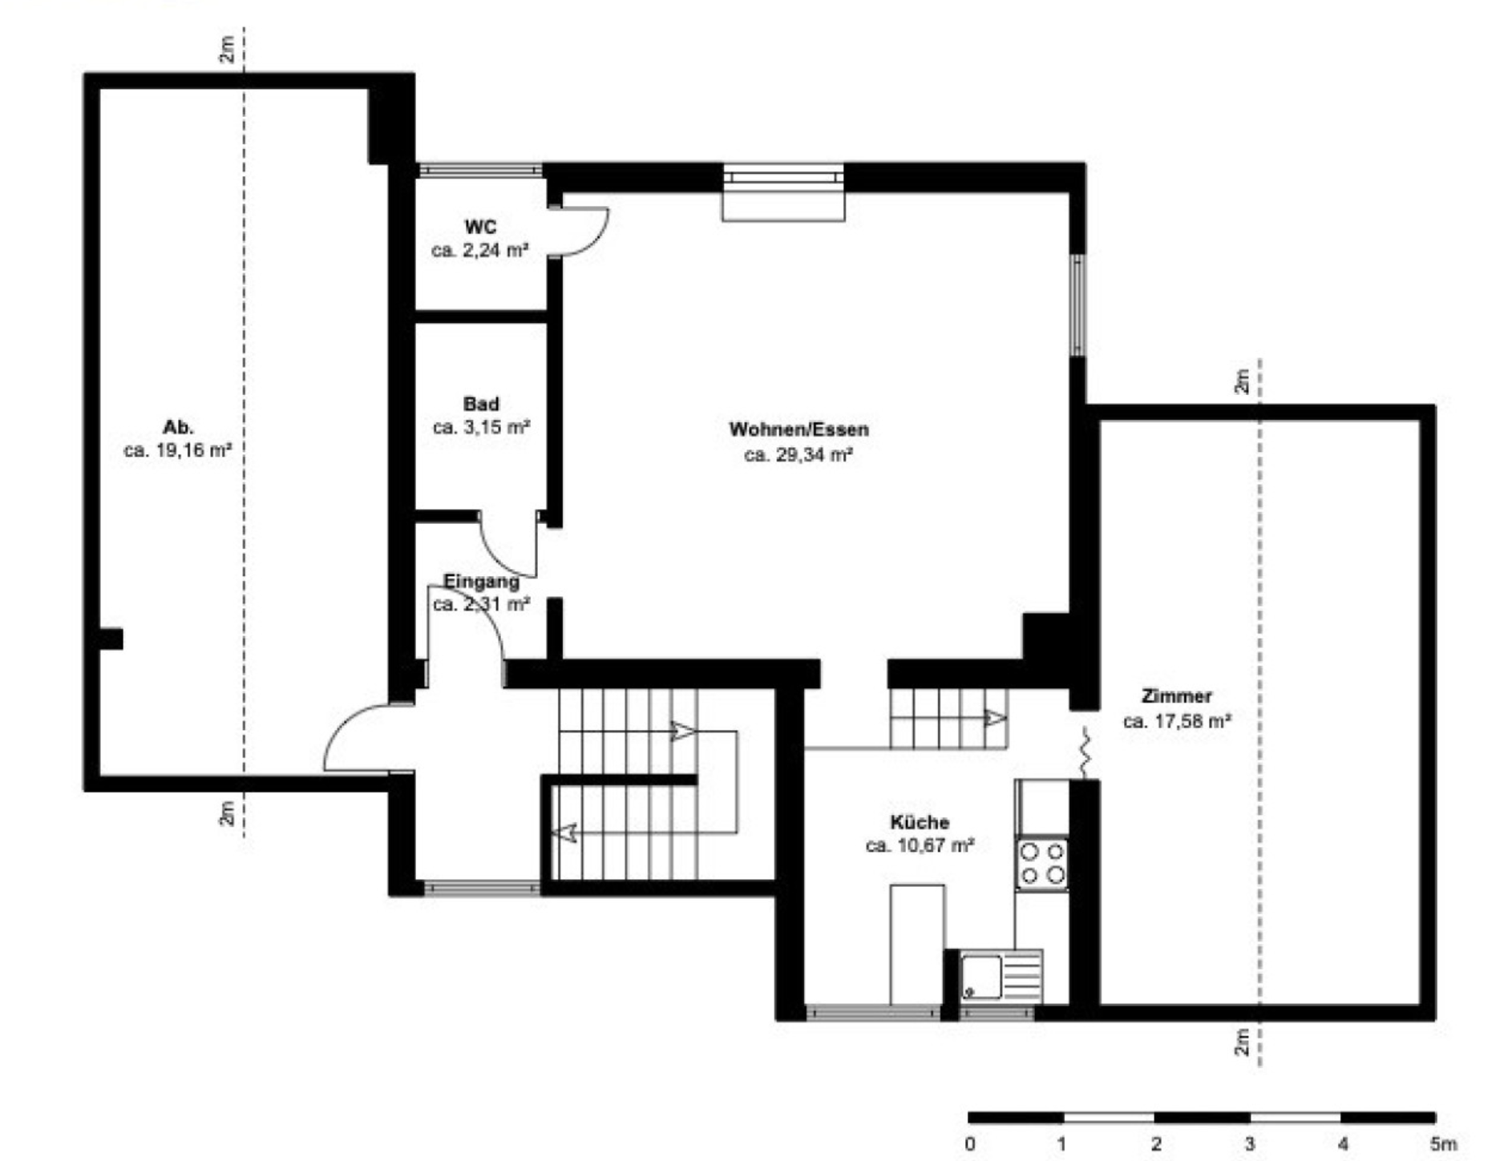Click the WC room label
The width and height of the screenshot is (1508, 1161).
click(x=480, y=227)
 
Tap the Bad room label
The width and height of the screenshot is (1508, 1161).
click(x=481, y=404)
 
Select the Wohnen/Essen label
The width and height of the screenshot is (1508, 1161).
click(x=798, y=429)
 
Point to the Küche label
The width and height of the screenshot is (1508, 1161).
click(x=920, y=822)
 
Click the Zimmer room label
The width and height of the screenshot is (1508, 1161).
click(x=1177, y=695)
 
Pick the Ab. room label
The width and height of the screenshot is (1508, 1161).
click(x=178, y=426)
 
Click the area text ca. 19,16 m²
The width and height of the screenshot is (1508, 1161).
click(x=178, y=450)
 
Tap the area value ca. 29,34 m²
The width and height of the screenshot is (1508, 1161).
click(x=798, y=455)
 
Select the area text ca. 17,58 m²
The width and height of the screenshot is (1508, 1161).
click(x=1177, y=721)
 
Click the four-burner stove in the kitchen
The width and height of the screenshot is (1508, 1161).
click(x=1042, y=863)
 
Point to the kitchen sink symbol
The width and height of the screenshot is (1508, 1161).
click(x=1001, y=975)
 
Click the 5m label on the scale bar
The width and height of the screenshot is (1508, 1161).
click(x=1444, y=1144)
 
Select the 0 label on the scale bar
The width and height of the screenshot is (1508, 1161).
click(x=970, y=1144)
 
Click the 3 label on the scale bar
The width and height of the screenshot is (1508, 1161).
click(x=1250, y=1144)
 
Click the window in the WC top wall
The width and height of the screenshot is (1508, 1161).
click(x=479, y=170)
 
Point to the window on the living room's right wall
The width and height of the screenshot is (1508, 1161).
click(x=1078, y=304)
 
